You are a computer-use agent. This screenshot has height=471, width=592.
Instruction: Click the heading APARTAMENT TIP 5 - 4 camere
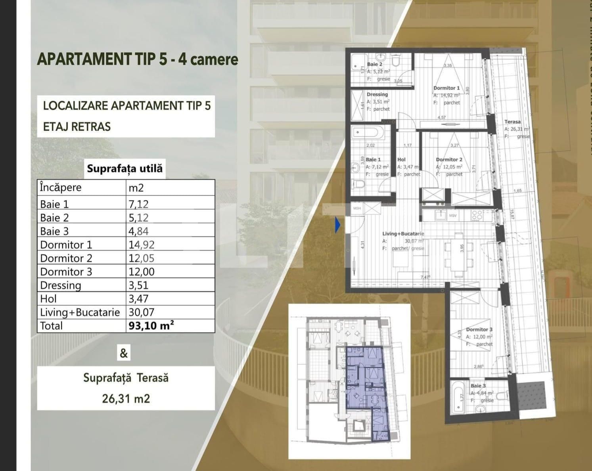tap(137, 59)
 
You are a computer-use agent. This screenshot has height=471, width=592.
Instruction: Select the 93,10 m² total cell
tap(151, 326)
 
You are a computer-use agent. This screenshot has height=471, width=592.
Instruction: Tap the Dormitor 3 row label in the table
tap(66, 272)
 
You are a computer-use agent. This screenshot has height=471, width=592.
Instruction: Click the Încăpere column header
tap(61, 188)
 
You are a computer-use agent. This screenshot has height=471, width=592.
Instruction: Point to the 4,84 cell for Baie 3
tap(139, 231)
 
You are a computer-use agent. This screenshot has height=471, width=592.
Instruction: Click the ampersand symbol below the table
tap(124, 353)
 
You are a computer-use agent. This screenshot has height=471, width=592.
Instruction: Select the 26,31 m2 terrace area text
tap(126, 398)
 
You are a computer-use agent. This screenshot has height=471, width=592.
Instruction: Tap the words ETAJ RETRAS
tap(77, 127)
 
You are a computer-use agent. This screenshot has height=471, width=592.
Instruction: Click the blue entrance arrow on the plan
tap(337, 225)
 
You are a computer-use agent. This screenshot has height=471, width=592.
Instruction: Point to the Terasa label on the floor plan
tap(512, 122)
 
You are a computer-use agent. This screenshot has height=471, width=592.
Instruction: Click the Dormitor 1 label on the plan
tap(446, 88)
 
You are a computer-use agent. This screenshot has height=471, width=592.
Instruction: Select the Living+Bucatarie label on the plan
tap(403, 234)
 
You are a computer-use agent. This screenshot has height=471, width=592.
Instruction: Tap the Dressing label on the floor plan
tap(377, 94)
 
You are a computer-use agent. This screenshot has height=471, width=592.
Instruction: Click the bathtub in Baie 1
tap(368, 132)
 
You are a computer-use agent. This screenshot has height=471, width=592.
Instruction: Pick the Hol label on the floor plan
tap(401, 159)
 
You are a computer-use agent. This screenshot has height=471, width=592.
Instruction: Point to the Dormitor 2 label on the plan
tap(449, 159)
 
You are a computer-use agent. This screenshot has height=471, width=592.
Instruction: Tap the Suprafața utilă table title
tap(125, 168)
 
